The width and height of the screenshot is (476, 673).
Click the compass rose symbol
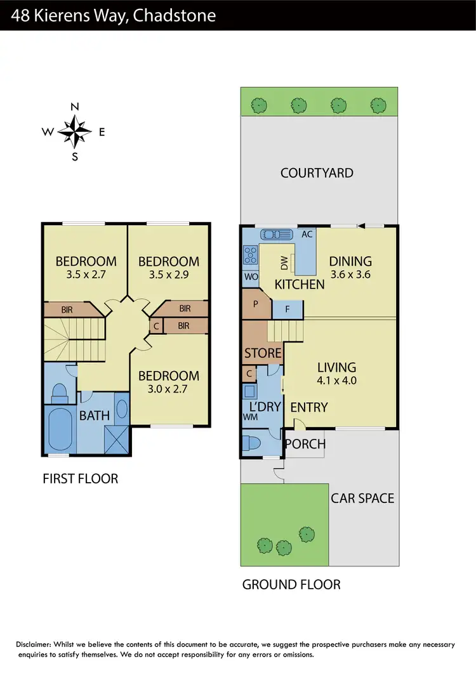pyautogui.click(x=75, y=132)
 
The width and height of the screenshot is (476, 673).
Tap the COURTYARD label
pyautogui.click(x=317, y=173)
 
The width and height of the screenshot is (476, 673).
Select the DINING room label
pyautogui.click(x=350, y=261)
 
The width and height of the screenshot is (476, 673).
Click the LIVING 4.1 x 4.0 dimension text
pyautogui.click(x=337, y=381)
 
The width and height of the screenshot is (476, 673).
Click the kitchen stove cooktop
pyautogui.click(x=249, y=255)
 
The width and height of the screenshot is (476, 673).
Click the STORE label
pyautogui.click(x=263, y=353)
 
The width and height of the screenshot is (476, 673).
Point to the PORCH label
pyautogui.click(x=305, y=444)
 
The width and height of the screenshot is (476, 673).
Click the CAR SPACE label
pyautogui.click(x=362, y=498)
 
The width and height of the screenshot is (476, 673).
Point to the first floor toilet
pyautogui.click(x=60, y=393)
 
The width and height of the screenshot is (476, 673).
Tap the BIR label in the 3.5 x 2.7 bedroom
pyautogui.click(x=66, y=310)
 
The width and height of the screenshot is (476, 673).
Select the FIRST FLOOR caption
pyautogui.click(x=80, y=478)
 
